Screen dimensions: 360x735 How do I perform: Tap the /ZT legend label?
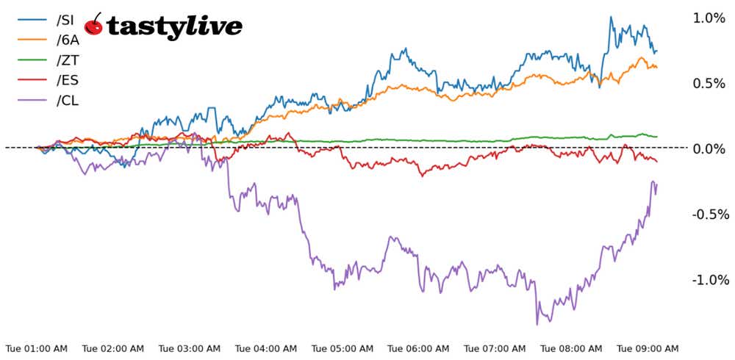click(x=67, y=60)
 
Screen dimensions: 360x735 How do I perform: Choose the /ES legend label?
click(x=67, y=80)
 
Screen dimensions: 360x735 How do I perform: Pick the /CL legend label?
click(x=67, y=101)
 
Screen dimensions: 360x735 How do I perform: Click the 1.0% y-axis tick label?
click(x=709, y=18)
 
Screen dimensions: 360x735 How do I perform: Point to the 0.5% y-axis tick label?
click(x=709, y=84)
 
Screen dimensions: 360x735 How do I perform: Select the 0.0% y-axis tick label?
click(x=709, y=149)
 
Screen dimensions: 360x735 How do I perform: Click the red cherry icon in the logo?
click(x=93, y=26)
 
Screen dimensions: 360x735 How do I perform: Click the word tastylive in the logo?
click(x=174, y=26)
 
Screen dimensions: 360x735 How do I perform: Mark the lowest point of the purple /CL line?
click(x=537, y=324)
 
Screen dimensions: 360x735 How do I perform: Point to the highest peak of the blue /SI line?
click(x=611, y=17)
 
